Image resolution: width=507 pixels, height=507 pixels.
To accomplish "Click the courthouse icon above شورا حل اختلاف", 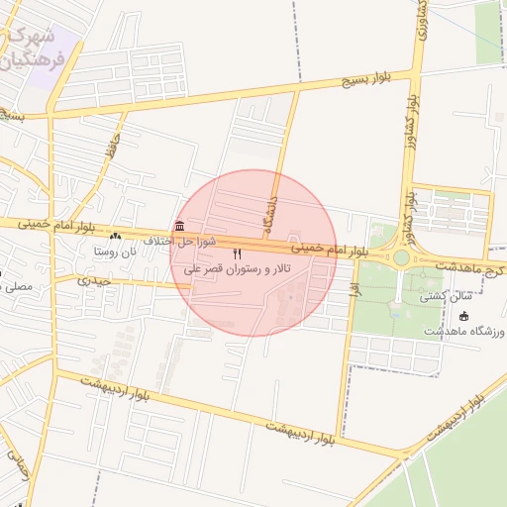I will pyautogui.click(x=178, y=226).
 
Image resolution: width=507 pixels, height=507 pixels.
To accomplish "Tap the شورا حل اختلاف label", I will pyautogui.click(x=179, y=241).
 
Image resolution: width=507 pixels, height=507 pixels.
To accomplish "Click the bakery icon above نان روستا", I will pyautogui.click(x=117, y=237).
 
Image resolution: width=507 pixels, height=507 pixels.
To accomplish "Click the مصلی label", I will pyautogui.click(x=18, y=287).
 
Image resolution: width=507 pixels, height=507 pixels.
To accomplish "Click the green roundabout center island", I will pyautogui.click(x=400, y=257).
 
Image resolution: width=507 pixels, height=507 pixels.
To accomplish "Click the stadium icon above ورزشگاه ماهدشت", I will pyautogui.click(x=465, y=315).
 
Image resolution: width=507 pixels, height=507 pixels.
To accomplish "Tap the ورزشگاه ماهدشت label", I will pyautogui.click(x=464, y=330).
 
